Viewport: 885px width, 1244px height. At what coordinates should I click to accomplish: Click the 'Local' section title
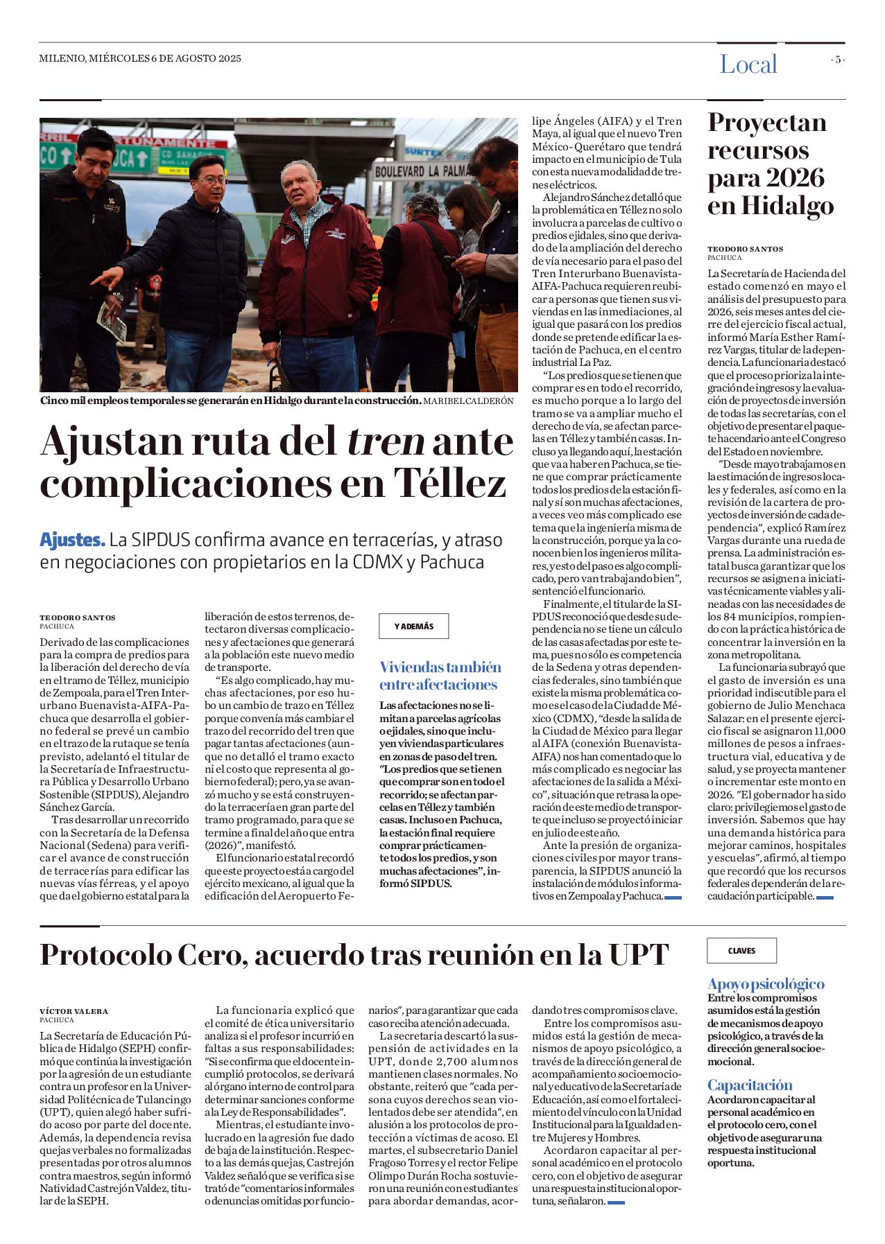click(748, 64)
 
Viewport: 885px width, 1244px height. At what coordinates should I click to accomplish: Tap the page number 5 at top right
click(838, 60)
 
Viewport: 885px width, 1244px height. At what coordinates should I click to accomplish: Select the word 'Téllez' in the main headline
click(450, 483)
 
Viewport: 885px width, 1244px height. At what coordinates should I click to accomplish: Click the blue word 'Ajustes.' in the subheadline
click(72, 540)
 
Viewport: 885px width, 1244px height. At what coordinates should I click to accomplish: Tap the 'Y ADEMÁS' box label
click(413, 627)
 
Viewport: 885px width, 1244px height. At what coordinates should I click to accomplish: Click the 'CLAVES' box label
click(741, 951)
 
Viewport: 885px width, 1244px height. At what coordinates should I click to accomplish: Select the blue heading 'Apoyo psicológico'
click(766, 984)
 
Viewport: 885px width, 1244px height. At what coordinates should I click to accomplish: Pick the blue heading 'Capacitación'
click(749, 1085)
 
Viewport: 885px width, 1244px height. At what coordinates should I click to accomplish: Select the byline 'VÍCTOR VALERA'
click(74, 1011)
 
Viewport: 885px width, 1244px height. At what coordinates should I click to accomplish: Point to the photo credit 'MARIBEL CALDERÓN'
click(468, 401)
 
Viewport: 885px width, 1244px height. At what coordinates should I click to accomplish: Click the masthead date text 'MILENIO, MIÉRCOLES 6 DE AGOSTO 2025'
click(140, 59)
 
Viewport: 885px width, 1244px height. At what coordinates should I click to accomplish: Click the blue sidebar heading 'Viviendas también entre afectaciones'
click(440, 676)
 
